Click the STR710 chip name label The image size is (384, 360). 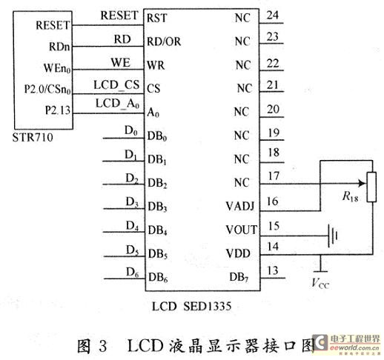pos(33,137)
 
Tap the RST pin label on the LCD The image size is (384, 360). pos(157,18)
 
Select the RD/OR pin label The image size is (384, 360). pos(164,41)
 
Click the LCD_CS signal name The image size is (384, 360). pos(116,85)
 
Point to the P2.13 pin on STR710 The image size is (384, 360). pos(58,110)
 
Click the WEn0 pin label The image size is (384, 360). pos(57,68)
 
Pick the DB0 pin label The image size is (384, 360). pos(157,136)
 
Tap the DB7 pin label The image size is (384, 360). pos(239,277)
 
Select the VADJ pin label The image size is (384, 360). pos(240,207)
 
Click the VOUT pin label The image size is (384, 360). pos(242,230)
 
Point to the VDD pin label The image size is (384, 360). pos(238,253)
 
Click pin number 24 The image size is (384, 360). pos(273,16)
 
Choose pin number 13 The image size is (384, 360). pos(273,270)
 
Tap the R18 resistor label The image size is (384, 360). pos(350,197)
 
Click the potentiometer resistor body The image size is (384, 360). pos(371,187)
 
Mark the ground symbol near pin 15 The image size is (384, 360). pos(333,236)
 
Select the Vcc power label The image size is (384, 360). pos(320,283)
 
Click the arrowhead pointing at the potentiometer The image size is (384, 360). pos(363,184)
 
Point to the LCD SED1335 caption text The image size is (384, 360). pos(191,307)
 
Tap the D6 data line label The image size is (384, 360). pos(133,273)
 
